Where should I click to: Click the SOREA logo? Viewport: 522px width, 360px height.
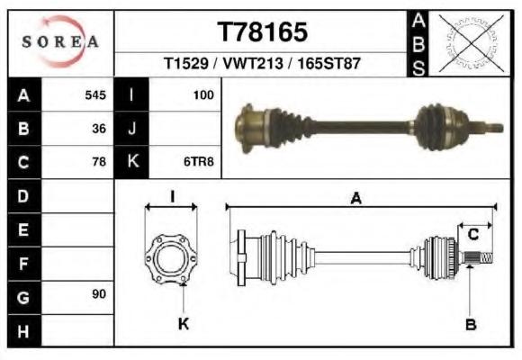(60, 41)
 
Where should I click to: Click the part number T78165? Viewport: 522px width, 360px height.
(262, 32)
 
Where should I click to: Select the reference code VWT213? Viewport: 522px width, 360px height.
(253, 63)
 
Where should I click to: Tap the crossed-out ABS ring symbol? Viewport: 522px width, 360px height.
(471, 42)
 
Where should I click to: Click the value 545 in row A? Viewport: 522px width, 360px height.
(95, 95)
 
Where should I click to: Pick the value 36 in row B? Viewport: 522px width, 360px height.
(99, 129)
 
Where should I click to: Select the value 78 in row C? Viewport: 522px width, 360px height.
(99, 161)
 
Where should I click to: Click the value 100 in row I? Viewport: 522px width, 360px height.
(203, 95)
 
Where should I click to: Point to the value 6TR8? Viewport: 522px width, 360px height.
(198, 161)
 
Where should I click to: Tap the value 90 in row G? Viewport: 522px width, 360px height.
(99, 293)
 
